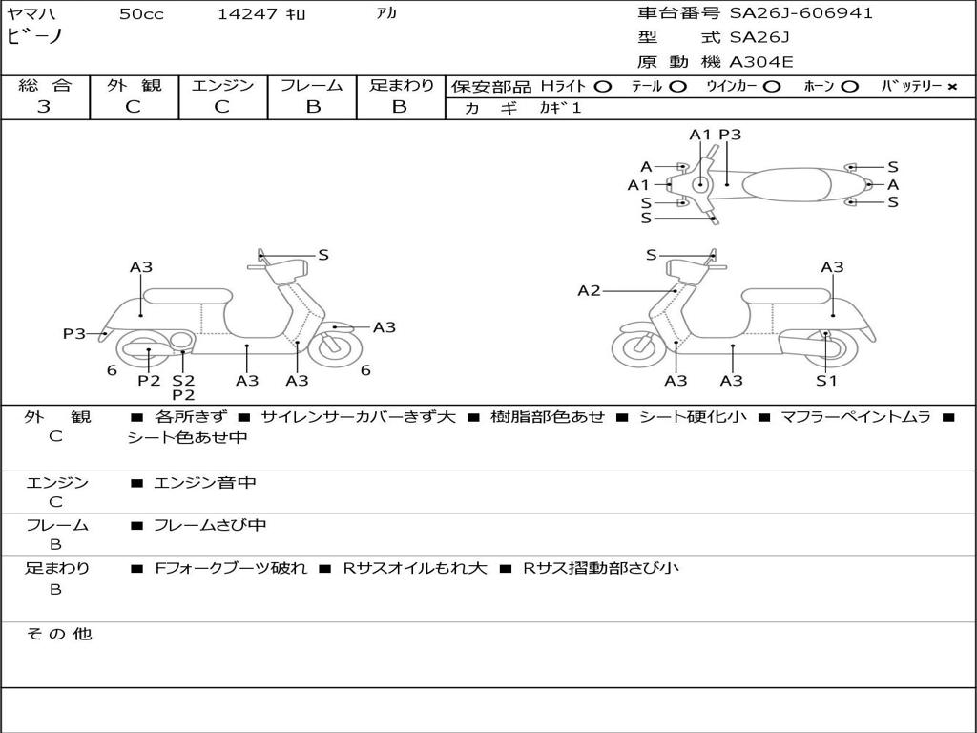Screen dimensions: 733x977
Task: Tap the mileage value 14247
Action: tap(247, 14)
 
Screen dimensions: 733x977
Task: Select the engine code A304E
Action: tap(761, 62)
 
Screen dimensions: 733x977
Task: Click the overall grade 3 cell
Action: tap(44, 107)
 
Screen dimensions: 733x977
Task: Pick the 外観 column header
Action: tap(134, 86)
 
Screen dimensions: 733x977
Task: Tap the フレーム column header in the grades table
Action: tap(312, 86)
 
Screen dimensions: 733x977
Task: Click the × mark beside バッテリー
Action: tap(951, 86)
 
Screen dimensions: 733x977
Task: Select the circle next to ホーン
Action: tap(849, 86)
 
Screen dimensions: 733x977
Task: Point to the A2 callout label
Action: tap(589, 290)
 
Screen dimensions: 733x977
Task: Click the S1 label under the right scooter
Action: tap(825, 381)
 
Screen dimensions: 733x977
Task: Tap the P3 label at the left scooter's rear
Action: tap(74, 333)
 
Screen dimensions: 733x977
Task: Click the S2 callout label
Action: tap(183, 381)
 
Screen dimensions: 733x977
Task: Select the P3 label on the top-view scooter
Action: tap(730, 135)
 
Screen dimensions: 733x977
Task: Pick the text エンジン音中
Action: tap(205, 483)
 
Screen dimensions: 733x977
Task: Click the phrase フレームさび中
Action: tap(210, 525)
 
